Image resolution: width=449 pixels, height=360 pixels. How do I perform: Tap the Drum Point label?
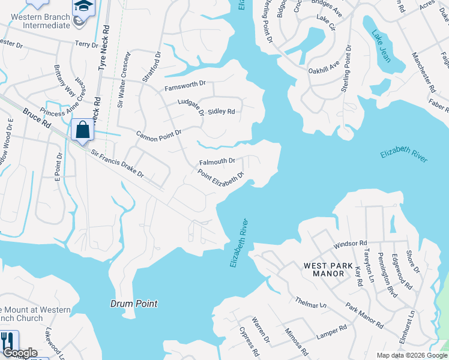134,304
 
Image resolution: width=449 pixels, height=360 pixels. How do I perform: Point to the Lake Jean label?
380,46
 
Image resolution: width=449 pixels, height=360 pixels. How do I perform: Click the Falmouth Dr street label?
217,162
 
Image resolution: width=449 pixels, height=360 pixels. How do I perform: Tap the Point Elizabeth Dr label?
222,178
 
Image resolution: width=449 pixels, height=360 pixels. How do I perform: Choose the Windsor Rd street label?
350,244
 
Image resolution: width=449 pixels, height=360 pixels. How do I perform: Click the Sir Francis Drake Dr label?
117,163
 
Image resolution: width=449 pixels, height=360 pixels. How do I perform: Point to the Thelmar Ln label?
310,302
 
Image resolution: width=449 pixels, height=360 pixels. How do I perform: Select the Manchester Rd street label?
423,71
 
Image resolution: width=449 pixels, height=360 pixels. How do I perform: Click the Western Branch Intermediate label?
40,22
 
